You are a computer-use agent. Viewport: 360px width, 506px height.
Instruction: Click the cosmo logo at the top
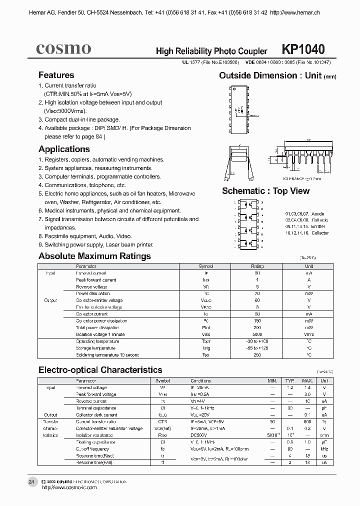[63, 48]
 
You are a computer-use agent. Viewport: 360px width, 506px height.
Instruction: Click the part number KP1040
[303, 49]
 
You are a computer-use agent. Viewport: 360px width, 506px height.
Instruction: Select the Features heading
[56, 75]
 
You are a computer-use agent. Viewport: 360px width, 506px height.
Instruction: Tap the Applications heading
[64, 149]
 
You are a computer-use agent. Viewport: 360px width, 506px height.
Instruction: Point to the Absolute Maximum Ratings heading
[94, 256]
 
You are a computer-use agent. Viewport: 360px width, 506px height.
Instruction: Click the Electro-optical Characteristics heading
[100, 370]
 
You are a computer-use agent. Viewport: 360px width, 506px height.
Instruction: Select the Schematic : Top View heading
[265, 191]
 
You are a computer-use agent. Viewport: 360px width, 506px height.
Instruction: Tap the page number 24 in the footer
[31, 481]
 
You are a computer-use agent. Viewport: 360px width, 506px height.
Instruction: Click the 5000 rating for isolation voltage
[257, 334]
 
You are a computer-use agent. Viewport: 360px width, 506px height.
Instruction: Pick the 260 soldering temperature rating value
[257, 355]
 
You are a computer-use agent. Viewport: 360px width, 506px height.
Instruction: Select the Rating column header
[257, 266]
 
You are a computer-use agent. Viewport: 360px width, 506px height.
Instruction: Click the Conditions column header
[200, 381]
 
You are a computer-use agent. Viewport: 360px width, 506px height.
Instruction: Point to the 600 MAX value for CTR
[307, 421]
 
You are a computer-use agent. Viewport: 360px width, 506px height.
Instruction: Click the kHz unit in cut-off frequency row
[324, 449]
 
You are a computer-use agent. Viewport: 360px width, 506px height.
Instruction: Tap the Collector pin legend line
[307, 233]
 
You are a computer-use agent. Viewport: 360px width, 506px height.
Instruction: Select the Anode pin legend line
[305, 213]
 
